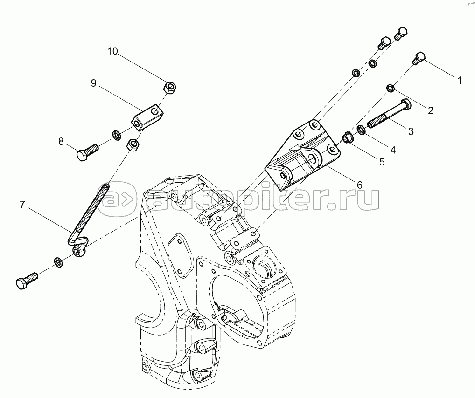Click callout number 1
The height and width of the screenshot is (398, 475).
459,81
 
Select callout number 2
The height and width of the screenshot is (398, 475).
431,110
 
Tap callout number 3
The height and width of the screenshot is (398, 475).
411,131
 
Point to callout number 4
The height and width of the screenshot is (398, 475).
392,150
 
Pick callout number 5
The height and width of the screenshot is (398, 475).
382,162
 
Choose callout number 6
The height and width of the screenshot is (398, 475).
359,185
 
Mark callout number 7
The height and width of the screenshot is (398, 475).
22,205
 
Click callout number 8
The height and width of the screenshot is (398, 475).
61,141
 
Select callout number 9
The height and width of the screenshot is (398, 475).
94,82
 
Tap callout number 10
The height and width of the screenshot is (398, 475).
112,51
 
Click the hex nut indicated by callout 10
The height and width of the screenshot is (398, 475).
170,88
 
